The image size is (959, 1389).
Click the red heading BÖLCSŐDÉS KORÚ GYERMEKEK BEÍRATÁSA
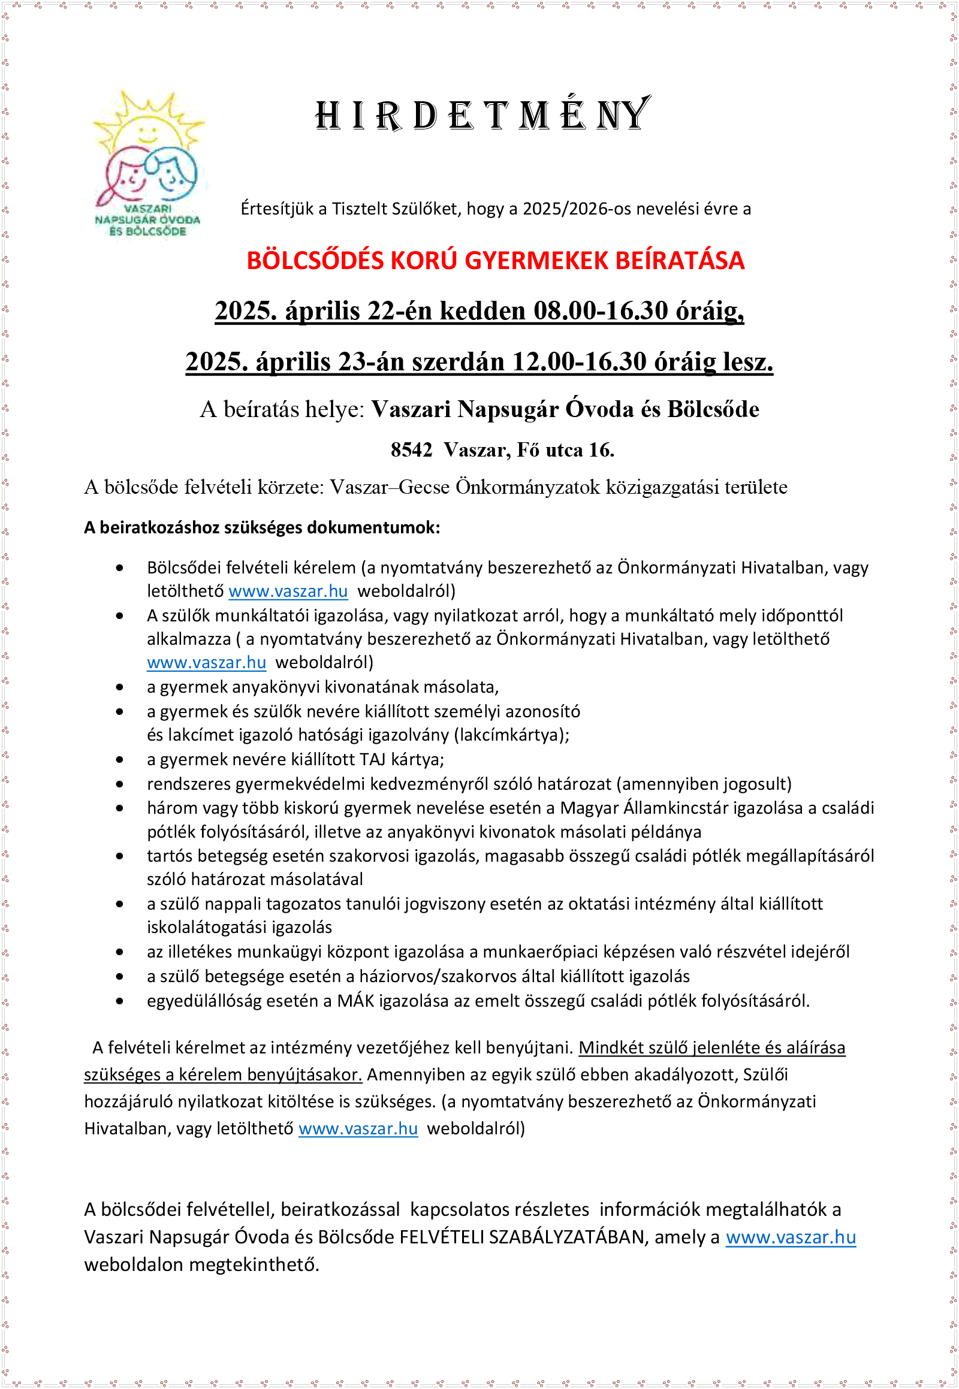[495, 261]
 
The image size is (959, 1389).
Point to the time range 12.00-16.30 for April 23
[579, 362]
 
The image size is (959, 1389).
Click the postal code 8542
[411, 450]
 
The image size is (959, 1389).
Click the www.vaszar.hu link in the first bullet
[288, 592]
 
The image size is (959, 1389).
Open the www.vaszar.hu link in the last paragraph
[790, 1237]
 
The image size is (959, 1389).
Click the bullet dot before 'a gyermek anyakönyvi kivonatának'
[120, 687]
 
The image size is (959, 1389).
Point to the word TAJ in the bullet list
[373, 760]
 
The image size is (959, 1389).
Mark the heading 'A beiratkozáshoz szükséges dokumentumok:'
[262, 528]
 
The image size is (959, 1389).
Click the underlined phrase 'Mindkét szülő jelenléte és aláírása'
[711, 1048]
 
